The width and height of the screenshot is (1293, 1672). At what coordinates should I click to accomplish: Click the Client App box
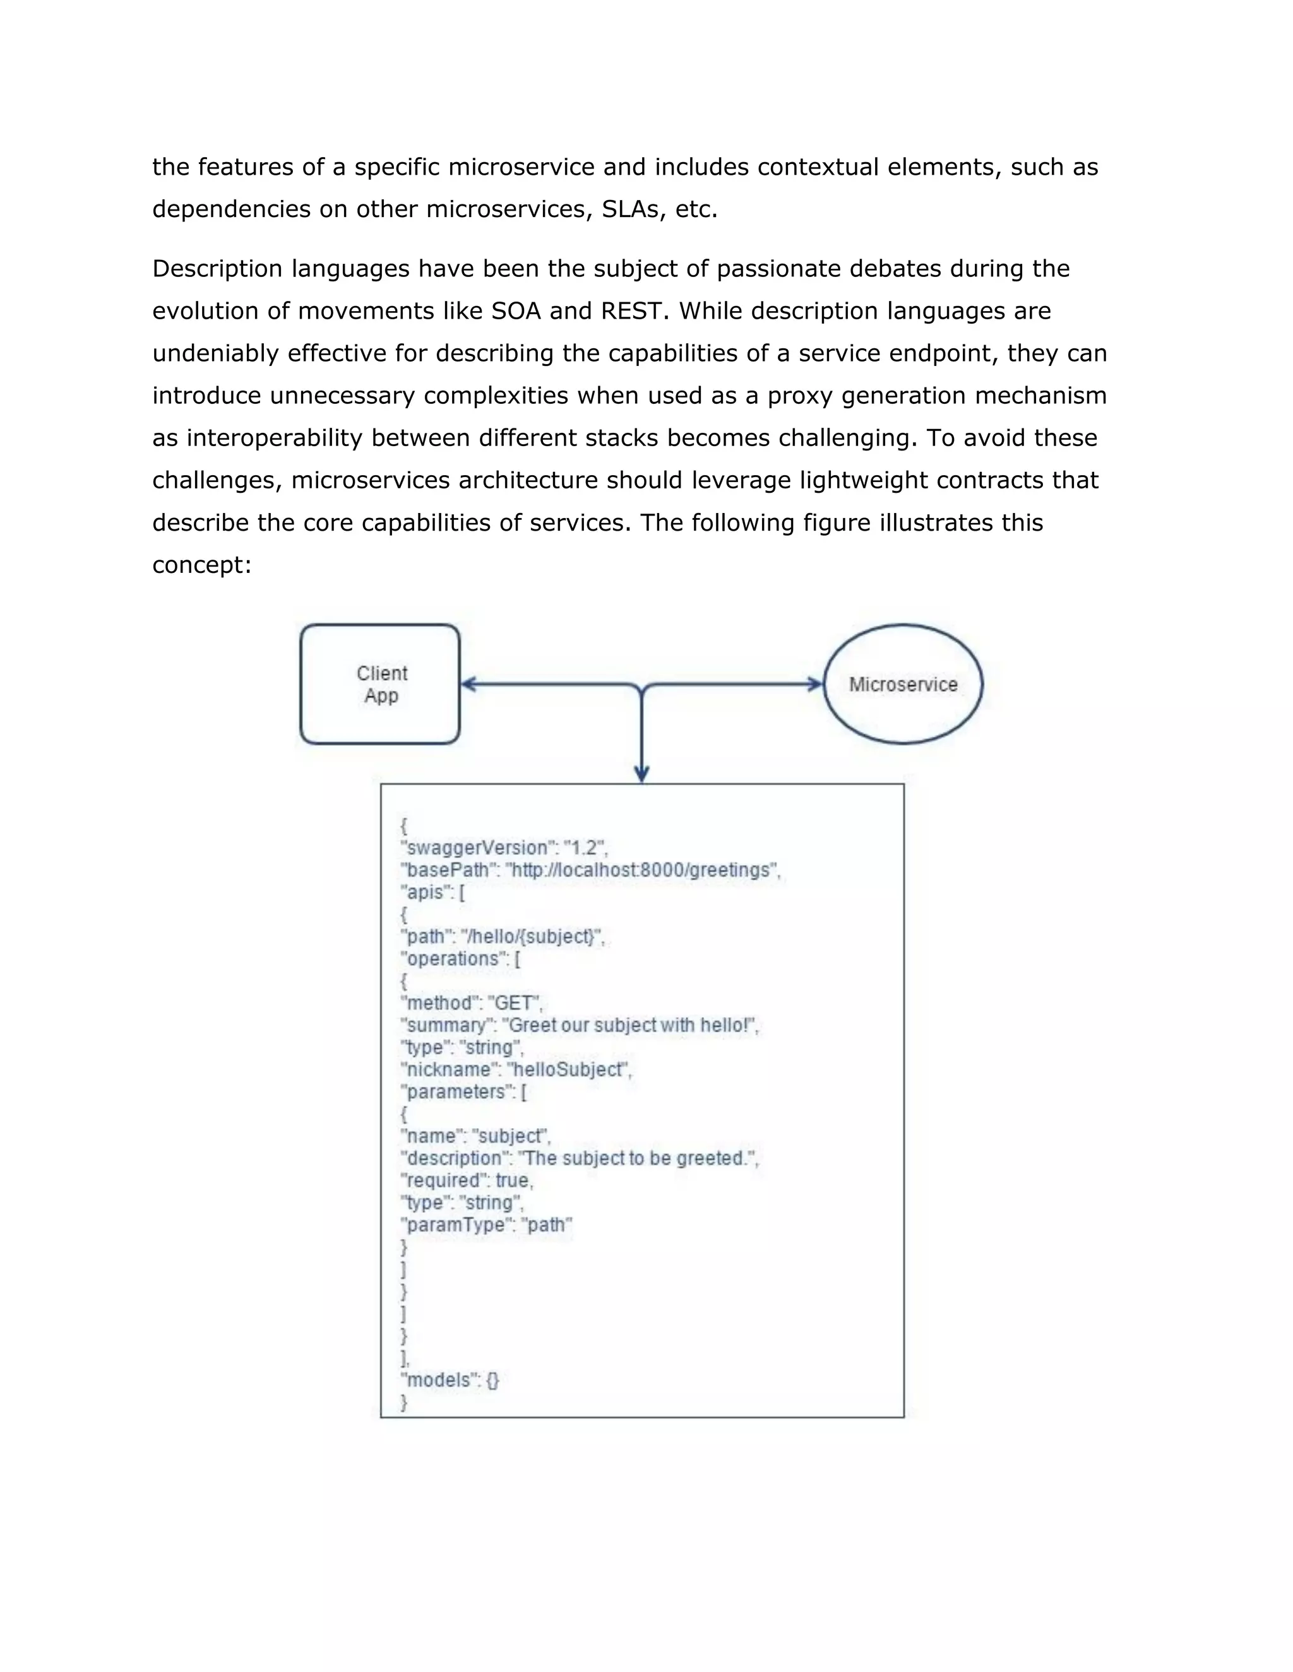coord(380,684)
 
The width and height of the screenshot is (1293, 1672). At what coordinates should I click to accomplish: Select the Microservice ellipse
coord(902,684)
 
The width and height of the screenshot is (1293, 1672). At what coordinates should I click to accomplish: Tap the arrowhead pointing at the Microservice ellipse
coord(815,684)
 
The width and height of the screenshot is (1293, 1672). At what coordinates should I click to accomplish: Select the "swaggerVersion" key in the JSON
coord(475,847)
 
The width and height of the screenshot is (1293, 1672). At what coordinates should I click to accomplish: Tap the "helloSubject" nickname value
coord(568,1069)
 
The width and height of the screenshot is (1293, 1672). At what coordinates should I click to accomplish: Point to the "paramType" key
coord(456,1225)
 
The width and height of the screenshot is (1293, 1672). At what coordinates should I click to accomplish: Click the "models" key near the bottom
coord(438,1379)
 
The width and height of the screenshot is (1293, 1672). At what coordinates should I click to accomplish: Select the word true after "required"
coord(513,1180)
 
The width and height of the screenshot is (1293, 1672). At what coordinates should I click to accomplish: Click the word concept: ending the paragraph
coord(201,565)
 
